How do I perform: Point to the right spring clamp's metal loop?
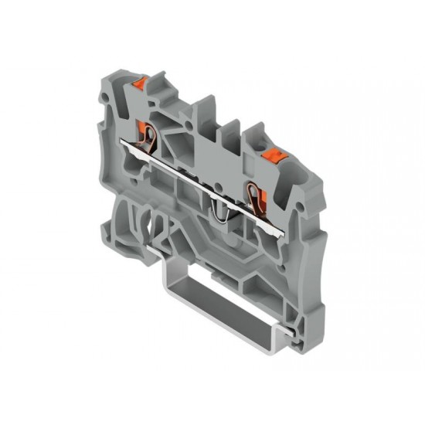(x=253, y=192)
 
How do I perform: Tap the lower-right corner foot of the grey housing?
(x=304, y=325)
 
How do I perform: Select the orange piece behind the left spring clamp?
(x=141, y=127)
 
